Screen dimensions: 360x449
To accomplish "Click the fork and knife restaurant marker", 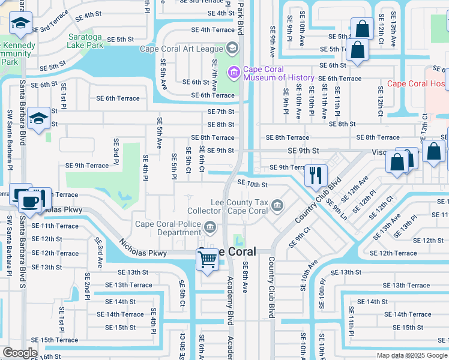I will coord(315,176).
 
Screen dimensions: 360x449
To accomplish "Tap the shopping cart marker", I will coord(207,260).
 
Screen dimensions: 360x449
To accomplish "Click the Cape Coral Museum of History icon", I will coord(233,73).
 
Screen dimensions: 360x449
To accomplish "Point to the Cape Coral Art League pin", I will coord(232,48).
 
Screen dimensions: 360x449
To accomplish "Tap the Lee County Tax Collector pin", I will coord(277,207).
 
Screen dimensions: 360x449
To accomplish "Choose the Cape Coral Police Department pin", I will coord(209,227).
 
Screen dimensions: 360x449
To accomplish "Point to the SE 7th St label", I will coord(220,112).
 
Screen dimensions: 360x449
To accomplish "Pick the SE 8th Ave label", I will coord(245,280).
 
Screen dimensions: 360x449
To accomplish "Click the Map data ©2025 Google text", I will coord(412,355).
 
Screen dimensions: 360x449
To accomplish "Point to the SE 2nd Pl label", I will coord(87,287).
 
